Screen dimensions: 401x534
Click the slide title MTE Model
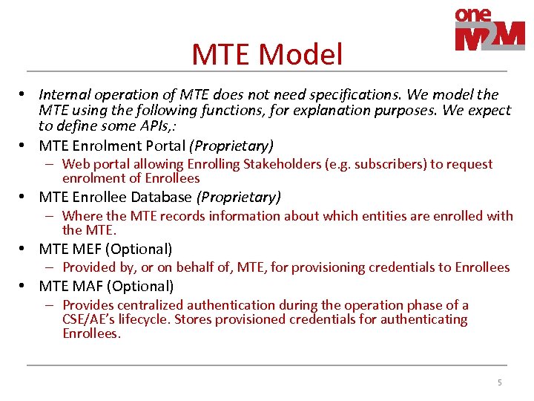pos(267,54)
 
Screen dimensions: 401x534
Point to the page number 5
pos(499,382)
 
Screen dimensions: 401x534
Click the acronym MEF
pos(85,250)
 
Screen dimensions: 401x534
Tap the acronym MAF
pos(85,286)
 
